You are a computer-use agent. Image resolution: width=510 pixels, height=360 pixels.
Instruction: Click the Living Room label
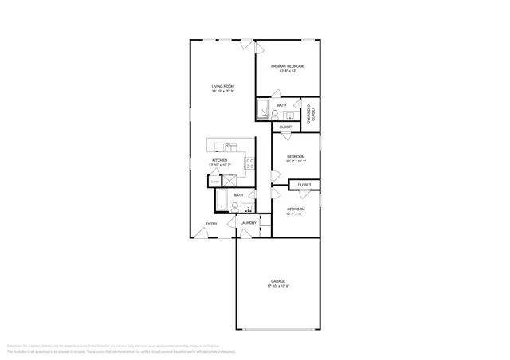pos(222,86)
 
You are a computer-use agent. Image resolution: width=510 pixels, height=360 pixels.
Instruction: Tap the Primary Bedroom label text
pos(288,66)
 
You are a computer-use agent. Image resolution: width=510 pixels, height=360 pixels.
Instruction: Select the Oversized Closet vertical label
pos(312,115)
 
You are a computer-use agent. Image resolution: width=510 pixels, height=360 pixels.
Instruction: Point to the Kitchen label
pos(219,160)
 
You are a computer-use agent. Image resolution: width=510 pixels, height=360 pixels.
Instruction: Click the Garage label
pos(277,281)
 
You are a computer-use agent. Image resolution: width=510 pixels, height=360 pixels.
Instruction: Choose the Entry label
pos(211,223)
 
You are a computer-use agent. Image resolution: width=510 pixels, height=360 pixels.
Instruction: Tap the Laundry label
pos(248,223)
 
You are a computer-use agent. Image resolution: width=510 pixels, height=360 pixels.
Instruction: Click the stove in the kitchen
pos(249,164)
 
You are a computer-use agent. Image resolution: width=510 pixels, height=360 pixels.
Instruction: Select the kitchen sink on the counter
pos(229,146)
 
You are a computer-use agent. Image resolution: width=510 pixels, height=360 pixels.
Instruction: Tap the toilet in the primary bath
pos(274,114)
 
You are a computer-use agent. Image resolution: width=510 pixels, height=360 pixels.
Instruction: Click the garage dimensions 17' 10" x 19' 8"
pos(277,286)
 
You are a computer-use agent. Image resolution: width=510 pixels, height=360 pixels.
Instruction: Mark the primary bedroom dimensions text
pos(288,71)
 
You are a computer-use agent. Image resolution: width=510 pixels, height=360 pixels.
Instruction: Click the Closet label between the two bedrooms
pos(304,185)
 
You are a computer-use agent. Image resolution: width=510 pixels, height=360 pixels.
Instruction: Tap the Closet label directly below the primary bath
pos(286,127)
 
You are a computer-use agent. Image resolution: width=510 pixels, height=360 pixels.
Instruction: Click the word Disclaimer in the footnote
pos(14,346)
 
